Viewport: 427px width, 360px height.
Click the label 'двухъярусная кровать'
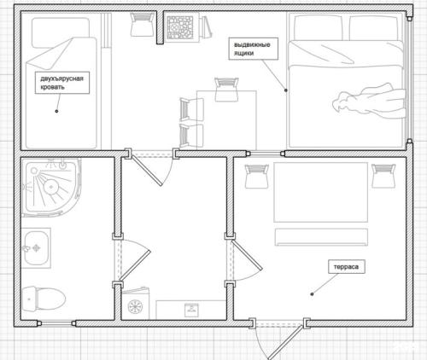click(x=62, y=83)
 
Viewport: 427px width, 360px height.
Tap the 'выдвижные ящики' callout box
click(x=253, y=49)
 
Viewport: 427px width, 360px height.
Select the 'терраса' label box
click(x=347, y=267)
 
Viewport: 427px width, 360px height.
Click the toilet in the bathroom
click(x=44, y=299)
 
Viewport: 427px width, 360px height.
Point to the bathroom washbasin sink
click(x=36, y=248)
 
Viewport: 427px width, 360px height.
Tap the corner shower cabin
click(x=51, y=187)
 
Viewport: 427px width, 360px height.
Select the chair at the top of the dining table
click(x=226, y=90)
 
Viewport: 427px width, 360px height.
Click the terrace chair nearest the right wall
click(x=383, y=176)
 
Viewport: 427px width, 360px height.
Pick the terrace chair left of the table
click(x=257, y=176)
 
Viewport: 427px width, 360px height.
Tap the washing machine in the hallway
click(x=136, y=305)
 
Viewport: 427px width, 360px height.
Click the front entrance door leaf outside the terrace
click(x=285, y=343)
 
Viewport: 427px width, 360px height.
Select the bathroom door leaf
click(x=135, y=265)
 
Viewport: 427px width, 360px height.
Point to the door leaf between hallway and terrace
click(x=247, y=256)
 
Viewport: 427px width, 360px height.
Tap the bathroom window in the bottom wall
click(x=56, y=323)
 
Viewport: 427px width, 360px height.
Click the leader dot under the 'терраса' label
click(x=312, y=294)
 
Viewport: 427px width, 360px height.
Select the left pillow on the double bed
click(x=319, y=28)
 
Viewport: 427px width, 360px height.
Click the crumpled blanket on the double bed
click(x=369, y=101)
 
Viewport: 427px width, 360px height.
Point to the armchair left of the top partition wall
click(x=142, y=25)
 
